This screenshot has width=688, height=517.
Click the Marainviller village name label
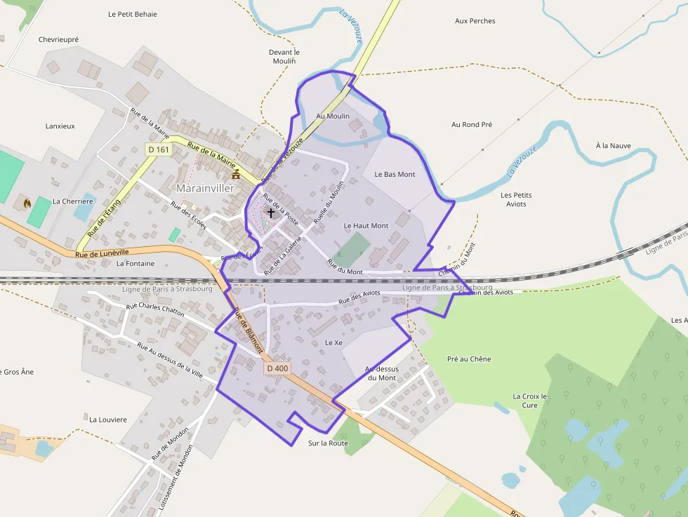205,188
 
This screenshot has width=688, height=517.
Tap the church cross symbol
270,212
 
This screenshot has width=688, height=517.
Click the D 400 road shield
277,368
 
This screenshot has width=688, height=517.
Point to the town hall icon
236,174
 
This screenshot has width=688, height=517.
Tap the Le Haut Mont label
366,226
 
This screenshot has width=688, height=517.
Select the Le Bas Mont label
395,174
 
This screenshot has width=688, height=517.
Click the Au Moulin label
333,116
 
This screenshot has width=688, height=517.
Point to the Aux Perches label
475,21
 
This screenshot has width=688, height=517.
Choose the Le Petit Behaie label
133,14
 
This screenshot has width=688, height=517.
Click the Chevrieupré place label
58,40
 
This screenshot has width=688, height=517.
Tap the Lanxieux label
60,126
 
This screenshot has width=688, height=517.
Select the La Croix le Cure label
529,401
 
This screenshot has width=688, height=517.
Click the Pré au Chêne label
469,359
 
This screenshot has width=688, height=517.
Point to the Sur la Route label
328,443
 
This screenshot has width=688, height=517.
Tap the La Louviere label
108,419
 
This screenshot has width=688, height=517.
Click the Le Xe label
333,342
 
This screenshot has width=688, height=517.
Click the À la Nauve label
613,146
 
